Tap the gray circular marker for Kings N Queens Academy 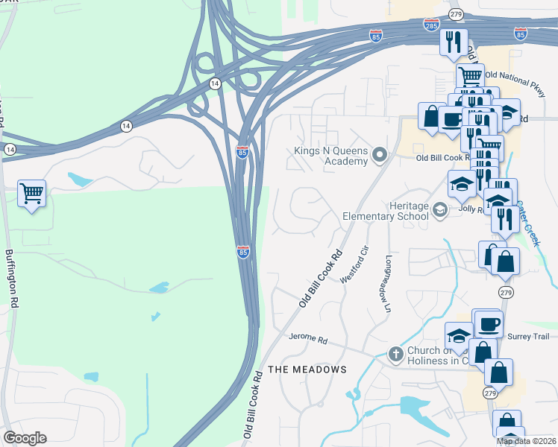click(x=380, y=156)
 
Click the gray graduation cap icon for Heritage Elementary click(x=440, y=211)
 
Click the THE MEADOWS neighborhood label click(x=307, y=370)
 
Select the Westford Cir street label click(x=354, y=264)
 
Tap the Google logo click(x=25, y=438)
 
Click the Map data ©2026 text click(x=527, y=441)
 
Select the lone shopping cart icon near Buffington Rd click(x=31, y=194)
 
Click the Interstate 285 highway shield click(x=430, y=24)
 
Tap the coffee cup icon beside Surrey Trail click(x=489, y=324)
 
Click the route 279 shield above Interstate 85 click(x=457, y=14)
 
